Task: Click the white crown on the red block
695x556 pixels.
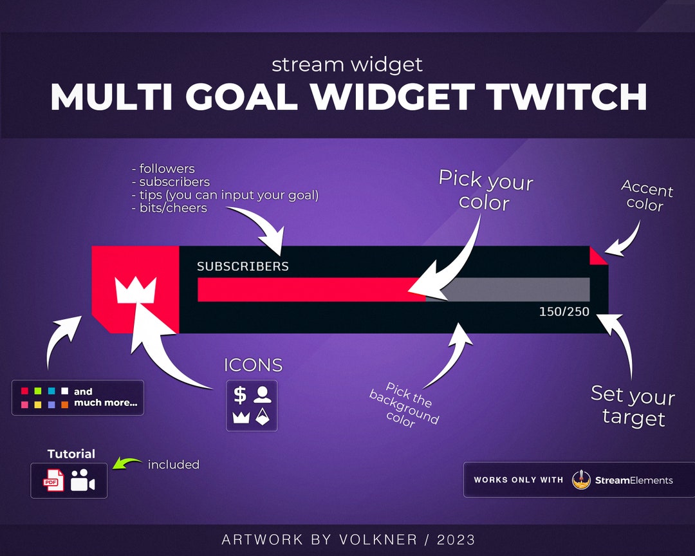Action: pyautogui.click(x=135, y=291)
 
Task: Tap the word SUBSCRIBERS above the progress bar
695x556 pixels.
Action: pyautogui.click(x=243, y=266)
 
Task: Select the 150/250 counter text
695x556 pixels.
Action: pyautogui.click(x=564, y=312)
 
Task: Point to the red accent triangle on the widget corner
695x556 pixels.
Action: pyautogui.click(x=597, y=255)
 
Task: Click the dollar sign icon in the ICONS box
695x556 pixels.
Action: pyautogui.click(x=240, y=394)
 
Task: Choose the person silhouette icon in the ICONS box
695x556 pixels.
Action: pyautogui.click(x=263, y=394)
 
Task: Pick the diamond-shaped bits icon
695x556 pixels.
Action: pyautogui.click(x=263, y=417)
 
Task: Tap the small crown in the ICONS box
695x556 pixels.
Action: pyautogui.click(x=240, y=418)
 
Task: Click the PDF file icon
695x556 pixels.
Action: pyautogui.click(x=53, y=481)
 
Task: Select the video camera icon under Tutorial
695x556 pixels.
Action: pyautogui.click(x=82, y=481)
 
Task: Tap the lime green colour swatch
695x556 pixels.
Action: pyautogui.click(x=38, y=391)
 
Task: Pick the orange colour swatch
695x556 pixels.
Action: pyautogui.click(x=64, y=405)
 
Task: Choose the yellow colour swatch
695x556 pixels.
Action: pyautogui.click(x=38, y=405)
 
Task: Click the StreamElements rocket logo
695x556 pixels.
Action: pyautogui.click(x=581, y=479)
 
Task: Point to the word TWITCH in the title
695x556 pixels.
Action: pyautogui.click(x=567, y=97)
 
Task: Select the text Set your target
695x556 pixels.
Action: pyautogui.click(x=633, y=406)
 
